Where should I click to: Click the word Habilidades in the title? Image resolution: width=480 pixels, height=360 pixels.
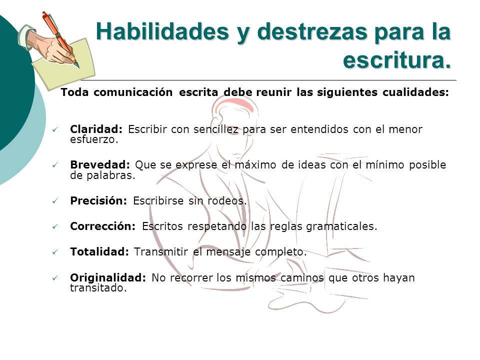coord(162,32)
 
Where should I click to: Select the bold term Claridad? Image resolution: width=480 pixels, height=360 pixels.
coord(96,129)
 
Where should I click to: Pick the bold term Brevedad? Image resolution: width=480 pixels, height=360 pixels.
coord(100,164)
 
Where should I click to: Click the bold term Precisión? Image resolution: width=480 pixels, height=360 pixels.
coord(98,200)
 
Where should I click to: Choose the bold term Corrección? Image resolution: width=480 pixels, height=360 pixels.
coord(102,226)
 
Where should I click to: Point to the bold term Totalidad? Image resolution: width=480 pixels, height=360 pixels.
coord(99,251)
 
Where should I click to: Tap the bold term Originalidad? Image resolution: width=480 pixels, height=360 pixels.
coord(108,277)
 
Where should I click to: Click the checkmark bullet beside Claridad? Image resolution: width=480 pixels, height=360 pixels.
coord(55,130)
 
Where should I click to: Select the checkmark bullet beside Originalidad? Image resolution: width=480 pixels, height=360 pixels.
coord(55,278)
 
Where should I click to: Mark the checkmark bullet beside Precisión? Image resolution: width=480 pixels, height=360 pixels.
coord(55,201)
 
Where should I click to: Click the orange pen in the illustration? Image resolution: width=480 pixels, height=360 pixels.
coord(60,39)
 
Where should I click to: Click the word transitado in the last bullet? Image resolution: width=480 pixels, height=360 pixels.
coord(98,288)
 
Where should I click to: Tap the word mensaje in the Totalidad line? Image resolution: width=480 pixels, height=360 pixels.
coord(228,252)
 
